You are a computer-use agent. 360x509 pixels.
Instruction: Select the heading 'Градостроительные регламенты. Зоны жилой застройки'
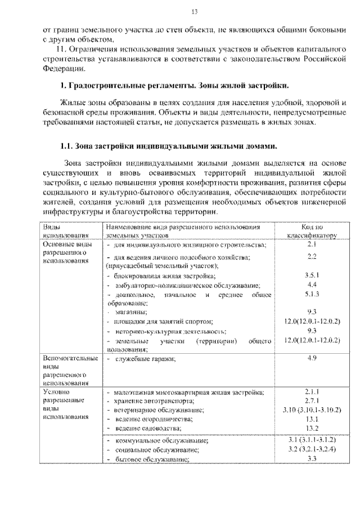point(174,86)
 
